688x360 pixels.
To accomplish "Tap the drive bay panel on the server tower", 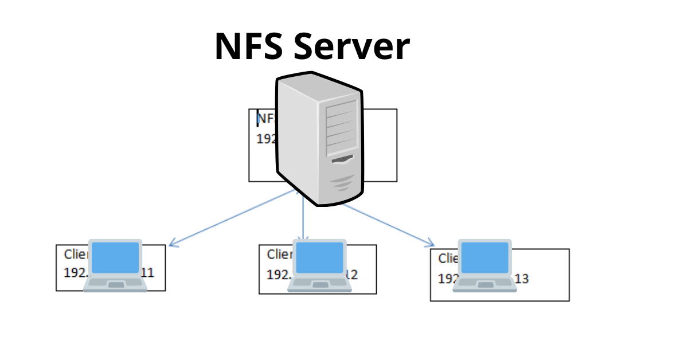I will coord(341,129).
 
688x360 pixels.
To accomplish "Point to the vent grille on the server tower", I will coord(342,183).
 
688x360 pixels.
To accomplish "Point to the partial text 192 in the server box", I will coord(265,139).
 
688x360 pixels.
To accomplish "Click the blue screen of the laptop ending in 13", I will coord(486,257).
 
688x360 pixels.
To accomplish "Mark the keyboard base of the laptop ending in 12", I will coord(319,283).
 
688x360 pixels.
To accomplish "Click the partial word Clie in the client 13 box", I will coord(448,259).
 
